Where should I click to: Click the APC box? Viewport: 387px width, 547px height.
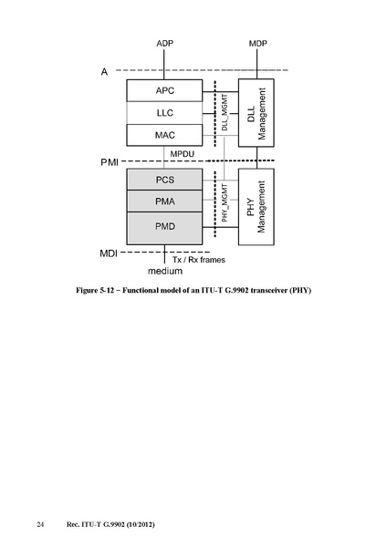point(164,90)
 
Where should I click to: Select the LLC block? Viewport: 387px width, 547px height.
point(164,113)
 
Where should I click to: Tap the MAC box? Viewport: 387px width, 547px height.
point(164,135)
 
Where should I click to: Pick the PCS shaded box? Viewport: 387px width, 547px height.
point(164,180)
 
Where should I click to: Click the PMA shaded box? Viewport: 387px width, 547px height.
point(164,201)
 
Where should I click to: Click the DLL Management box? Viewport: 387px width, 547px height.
point(256,113)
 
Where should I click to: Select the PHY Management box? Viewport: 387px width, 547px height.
point(256,207)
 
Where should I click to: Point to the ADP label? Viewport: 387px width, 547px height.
point(165,43)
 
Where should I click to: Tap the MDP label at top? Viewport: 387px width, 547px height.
point(258,43)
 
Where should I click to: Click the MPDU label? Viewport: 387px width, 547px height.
point(183,154)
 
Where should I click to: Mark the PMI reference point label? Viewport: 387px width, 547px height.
point(110,162)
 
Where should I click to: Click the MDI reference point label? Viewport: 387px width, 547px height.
point(109,253)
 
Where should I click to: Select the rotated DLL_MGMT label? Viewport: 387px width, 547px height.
point(225,112)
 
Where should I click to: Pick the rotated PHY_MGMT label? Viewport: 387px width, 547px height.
point(225,203)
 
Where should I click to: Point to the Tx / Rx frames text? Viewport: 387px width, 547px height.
point(199,260)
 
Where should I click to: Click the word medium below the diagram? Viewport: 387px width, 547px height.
point(165,271)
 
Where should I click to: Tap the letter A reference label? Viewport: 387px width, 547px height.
point(104,71)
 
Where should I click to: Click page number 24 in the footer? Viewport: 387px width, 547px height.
point(40,524)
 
